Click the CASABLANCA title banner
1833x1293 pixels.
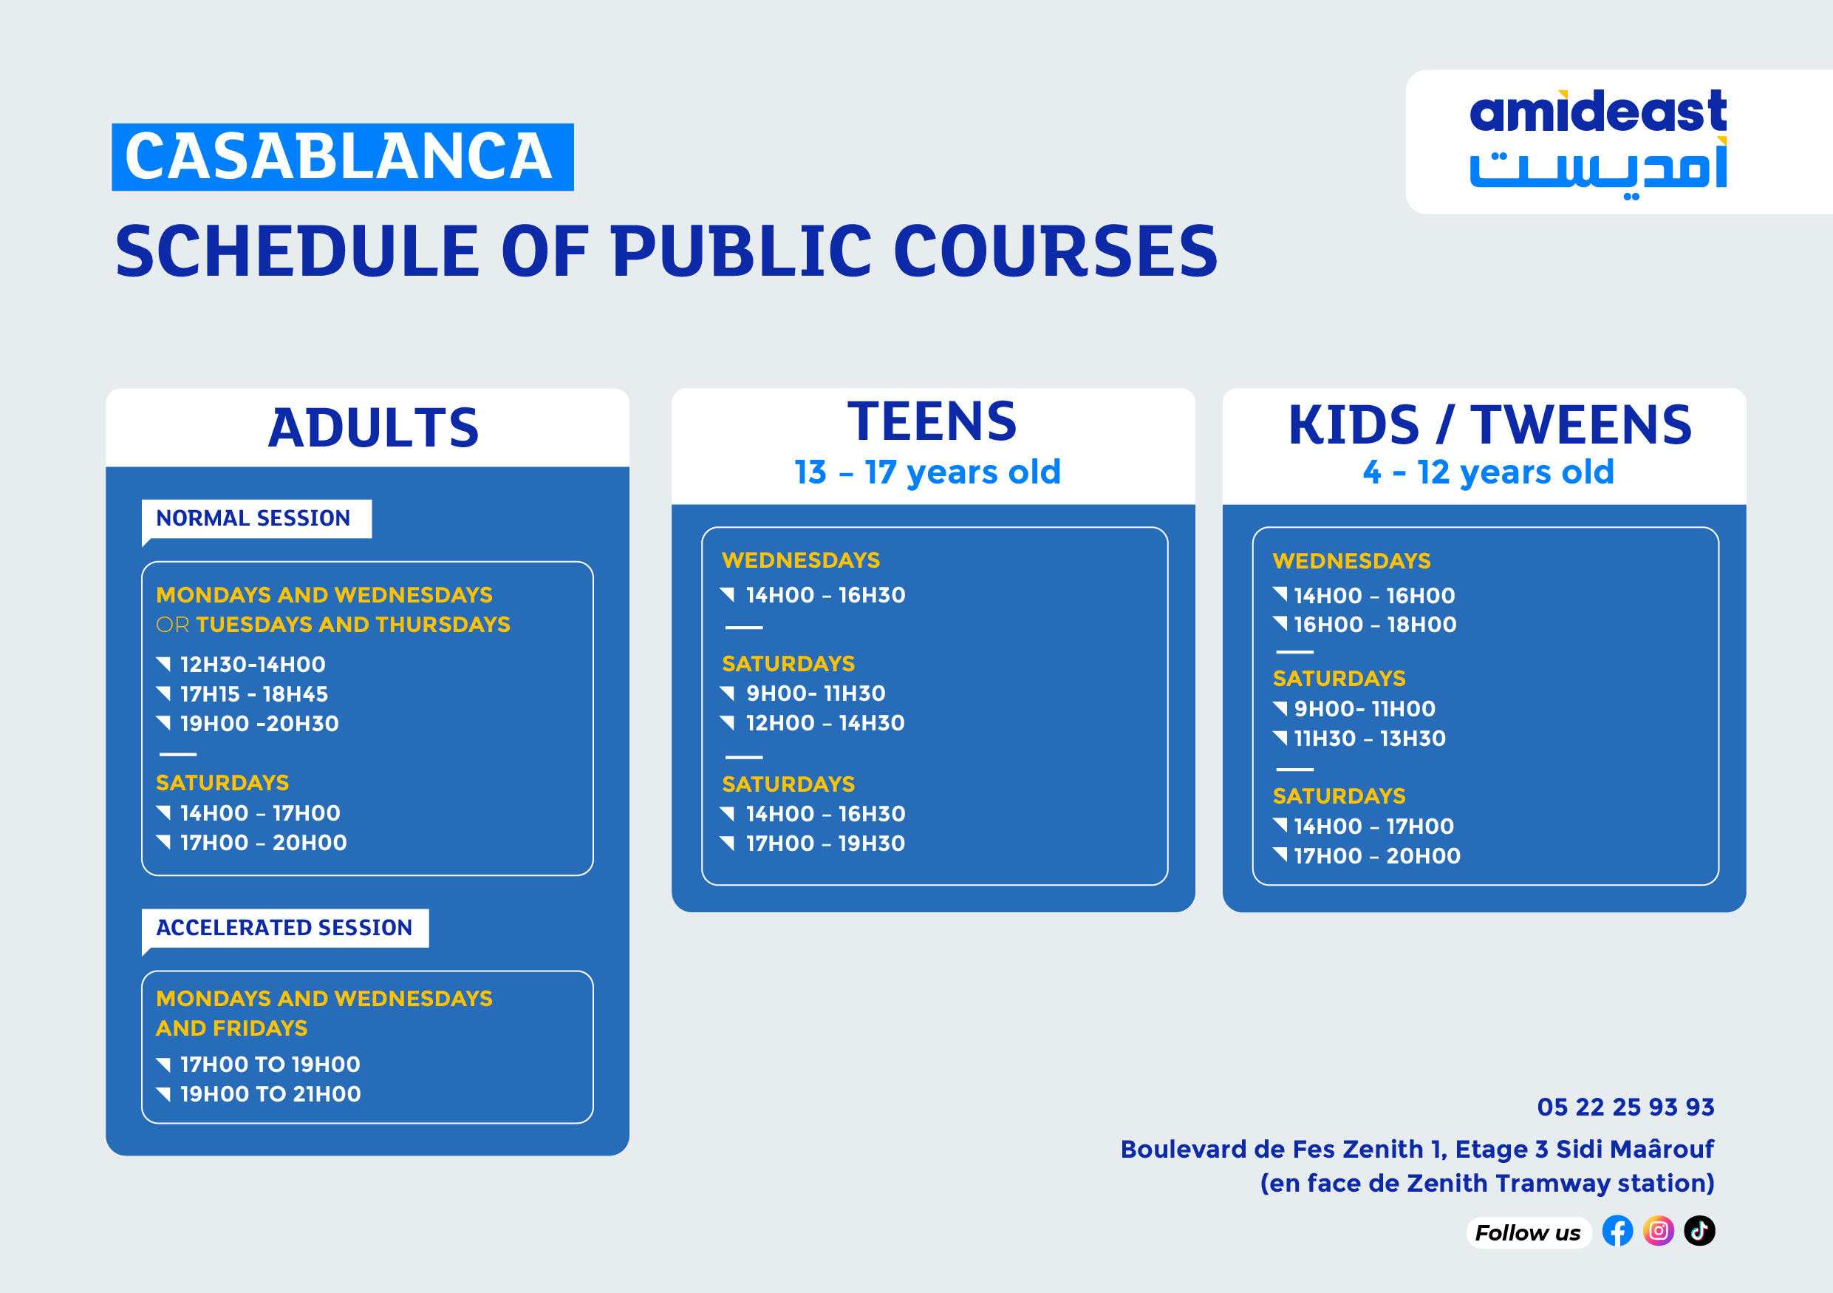pyautogui.click(x=343, y=157)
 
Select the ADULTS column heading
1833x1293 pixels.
pyautogui.click(x=373, y=428)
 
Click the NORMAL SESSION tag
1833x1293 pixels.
pyautogui.click(x=254, y=518)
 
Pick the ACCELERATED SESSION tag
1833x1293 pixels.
pyautogui.click(x=284, y=928)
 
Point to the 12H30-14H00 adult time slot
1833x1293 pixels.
pyautogui.click(x=252, y=665)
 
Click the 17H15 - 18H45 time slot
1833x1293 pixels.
pyautogui.click(x=254, y=694)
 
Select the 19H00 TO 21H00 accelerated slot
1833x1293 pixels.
pyautogui.click(x=270, y=1094)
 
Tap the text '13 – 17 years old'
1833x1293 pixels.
pyautogui.click(x=927, y=472)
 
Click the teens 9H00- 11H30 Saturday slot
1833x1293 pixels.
pyautogui.click(x=815, y=693)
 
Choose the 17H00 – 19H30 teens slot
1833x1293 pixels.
pyautogui.click(x=825, y=844)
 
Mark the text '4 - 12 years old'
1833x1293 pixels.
pyautogui.click(x=1488, y=472)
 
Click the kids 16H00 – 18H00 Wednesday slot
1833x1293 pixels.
pyautogui.click(x=1375, y=625)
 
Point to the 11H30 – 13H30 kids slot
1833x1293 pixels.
pyautogui.click(x=1369, y=739)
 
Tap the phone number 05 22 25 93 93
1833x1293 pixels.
pyautogui.click(x=1625, y=1107)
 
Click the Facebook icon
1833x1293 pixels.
pyautogui.click(x=1617, y=1231)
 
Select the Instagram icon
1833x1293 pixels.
pyautogui.click(x=1658, y=1231)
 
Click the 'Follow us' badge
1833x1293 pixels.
pyautogui.click(x=1527, y=1233)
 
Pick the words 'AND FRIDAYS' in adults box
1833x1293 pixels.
pyautogui.click(x=231, y=1028)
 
